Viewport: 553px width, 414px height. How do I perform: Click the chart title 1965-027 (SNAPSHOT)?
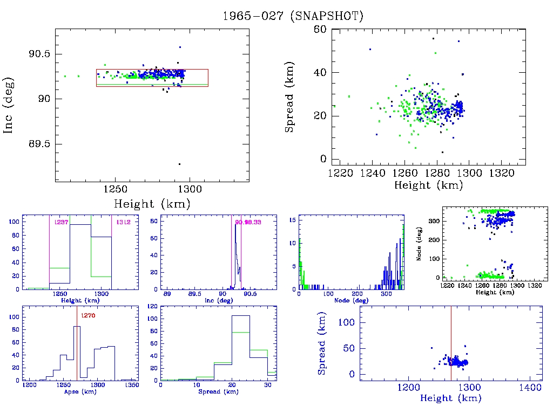293,16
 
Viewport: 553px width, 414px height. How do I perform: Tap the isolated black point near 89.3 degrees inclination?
179,164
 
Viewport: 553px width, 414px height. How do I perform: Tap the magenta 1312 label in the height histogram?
119,222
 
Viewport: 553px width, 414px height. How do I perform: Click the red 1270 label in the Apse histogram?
88,316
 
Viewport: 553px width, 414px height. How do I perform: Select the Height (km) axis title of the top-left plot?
152,204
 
